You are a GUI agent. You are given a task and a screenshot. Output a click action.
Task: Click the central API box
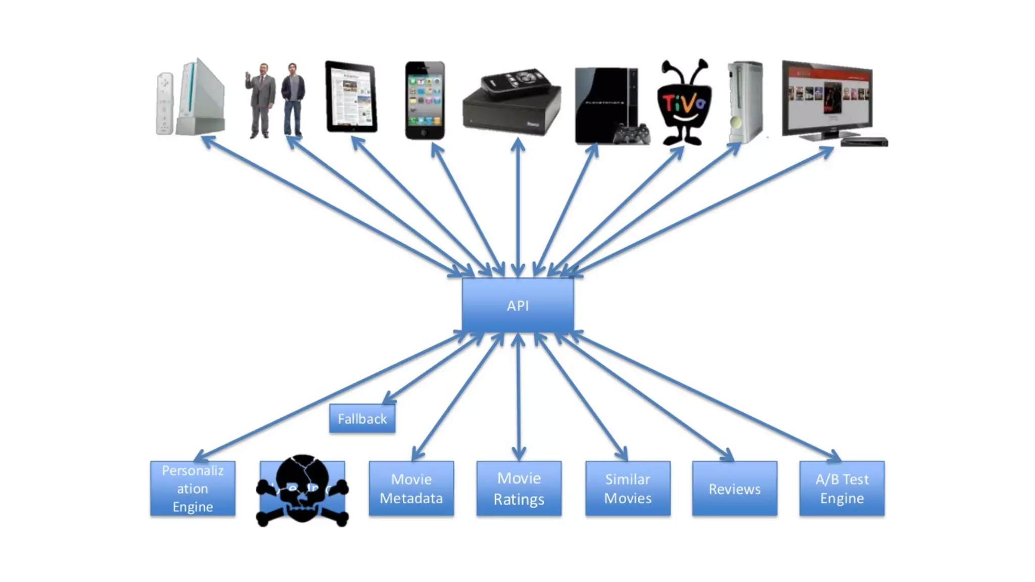pos(517,305)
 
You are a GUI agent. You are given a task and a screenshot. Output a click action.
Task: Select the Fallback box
pos(362,419)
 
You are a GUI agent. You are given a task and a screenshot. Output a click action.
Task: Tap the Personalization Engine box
pos(193,489)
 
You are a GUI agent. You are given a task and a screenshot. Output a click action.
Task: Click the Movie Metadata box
pos(411,489)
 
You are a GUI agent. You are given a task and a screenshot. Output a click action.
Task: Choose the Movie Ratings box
pos(519,489)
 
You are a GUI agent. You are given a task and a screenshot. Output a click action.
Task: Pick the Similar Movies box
pos(628,489)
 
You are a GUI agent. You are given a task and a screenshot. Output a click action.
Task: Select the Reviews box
pos(734,489)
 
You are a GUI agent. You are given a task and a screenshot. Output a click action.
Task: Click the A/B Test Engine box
pos(841,489)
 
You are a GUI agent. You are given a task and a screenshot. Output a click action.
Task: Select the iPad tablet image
pos(351,97)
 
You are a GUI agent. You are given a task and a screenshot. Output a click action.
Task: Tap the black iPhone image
pos(425,100)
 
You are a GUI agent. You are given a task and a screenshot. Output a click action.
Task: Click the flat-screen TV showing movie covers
pos(827,99)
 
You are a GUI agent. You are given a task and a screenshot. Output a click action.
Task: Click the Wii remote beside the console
pos(164,104)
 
